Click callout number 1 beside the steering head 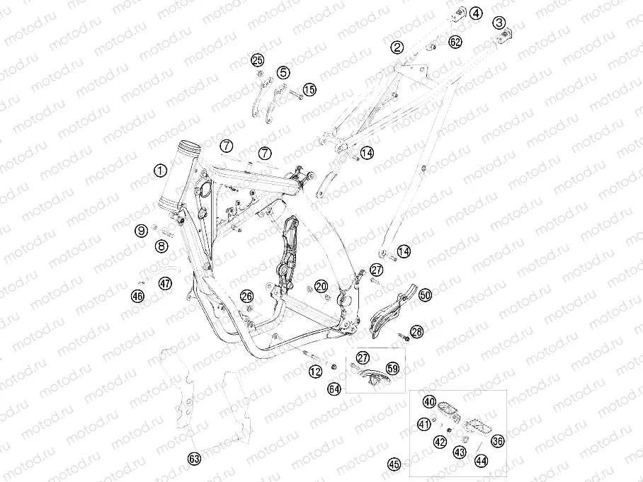coord(160,171)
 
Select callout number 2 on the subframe coord(397,47)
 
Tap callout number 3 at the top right coord(499,23)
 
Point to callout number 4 coord(476,13)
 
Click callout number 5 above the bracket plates coord(283,73)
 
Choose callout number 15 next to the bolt coord(309,89)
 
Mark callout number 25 coord(258,61)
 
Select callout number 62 coord(455,42)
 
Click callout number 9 coord(142,231)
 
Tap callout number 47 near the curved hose coord(165,283)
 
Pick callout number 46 coord(138,296)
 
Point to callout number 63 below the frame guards coord(194,459)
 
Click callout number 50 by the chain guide coord(426,294)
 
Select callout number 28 coord(417,331)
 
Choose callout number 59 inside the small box coord(393,368)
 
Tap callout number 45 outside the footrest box coord(394,464)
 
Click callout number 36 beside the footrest coord(498,441)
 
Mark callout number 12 coord(315,372)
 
